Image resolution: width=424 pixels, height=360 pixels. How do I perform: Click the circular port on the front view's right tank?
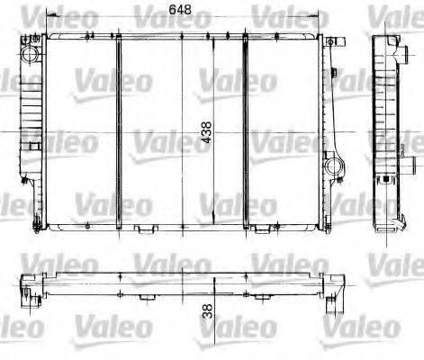pyautogui.click(x=335, y=165)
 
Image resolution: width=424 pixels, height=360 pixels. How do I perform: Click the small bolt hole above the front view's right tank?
pyautogui.click(x=332, y=42)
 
